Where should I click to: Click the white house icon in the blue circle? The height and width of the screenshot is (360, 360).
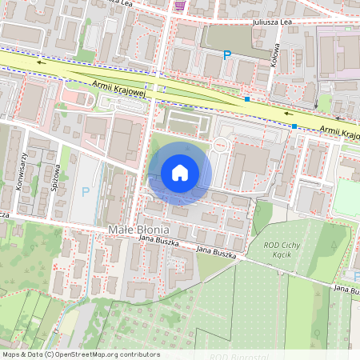click(x=180, y=172)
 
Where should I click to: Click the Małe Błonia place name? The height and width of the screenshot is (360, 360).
click(x=135, y=230)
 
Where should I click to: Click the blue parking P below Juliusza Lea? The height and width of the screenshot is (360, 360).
click(x=226, y=55)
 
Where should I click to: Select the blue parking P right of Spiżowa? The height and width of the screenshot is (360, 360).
click(x=86, y=192)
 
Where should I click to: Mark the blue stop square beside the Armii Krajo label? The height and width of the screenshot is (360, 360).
click(x=294, y=126)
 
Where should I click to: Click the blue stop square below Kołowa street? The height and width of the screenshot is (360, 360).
click(x=248, y=100)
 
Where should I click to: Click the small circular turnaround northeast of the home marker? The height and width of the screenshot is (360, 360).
click(x=222, y=144)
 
